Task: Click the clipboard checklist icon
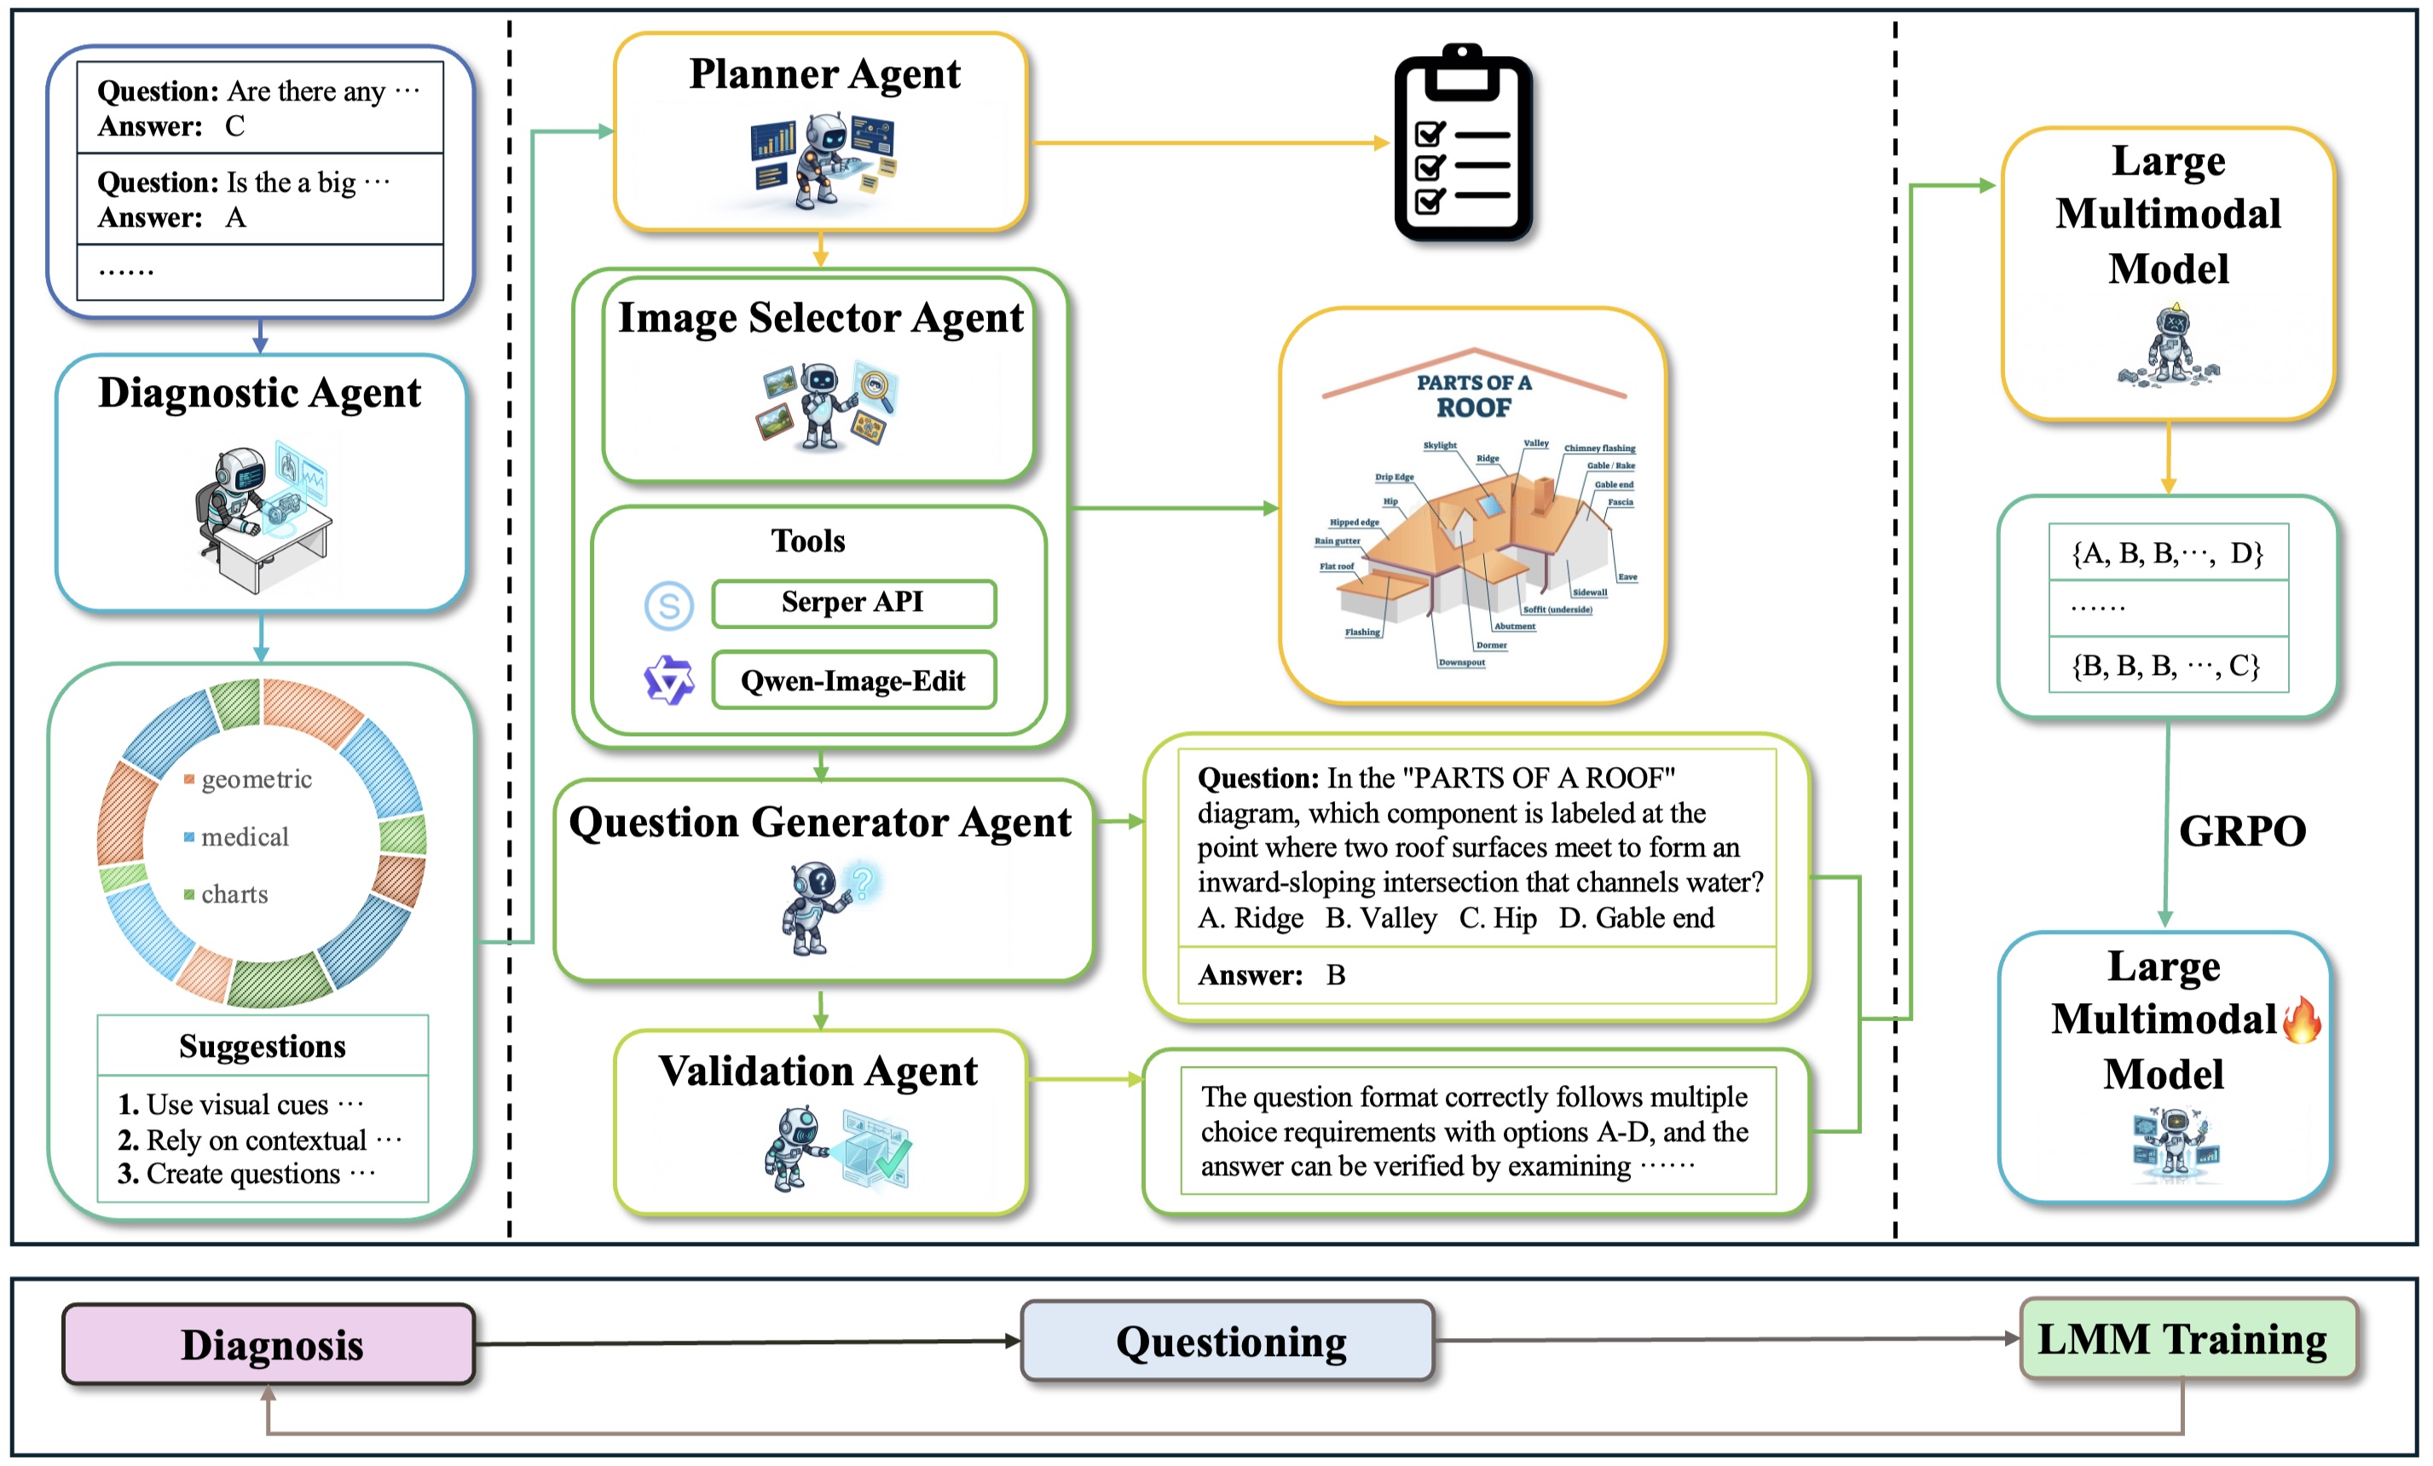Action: tap(1462, 145)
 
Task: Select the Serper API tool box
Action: tap(853, 603)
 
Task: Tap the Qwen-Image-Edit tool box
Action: tap(853, 680)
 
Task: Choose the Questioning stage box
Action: tap(1228, 1341)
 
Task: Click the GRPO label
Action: tap(2241, 831)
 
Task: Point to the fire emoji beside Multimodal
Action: tap(2301, 1019)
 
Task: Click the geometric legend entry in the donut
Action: tap(255, 779)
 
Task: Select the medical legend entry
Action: tap(243, 837)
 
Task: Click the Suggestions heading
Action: tap(263, 1046)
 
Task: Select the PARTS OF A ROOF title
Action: tap(1473, 395)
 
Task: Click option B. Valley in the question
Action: tap(1380, 918)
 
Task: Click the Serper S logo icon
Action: tap(668, 605)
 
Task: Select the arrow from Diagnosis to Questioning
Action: tap(747, 1342)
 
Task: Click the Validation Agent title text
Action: tap(818, 1071)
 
